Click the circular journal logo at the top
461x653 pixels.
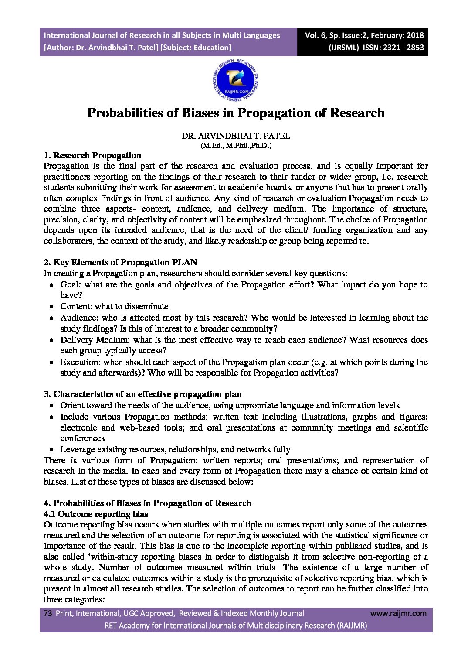(x=236, y=80)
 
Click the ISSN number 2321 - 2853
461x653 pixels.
(x=403, y=48)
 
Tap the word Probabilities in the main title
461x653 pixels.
(x=125, y=113)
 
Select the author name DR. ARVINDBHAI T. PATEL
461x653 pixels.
(x=236, y=136)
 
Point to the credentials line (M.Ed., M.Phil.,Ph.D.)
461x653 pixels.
(x=236, y=146)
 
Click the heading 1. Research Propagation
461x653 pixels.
(x=92, y=156)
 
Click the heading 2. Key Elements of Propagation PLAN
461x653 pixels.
(x=120, y=263)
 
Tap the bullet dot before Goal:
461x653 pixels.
(x=51, y=285)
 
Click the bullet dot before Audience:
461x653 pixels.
(x=51, y=318)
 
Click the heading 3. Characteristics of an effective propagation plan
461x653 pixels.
(x=142, y=394)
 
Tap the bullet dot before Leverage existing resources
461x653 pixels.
(x=51, y=450)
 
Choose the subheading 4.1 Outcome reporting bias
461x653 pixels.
(x=96, y=514)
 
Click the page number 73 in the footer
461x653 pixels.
(x=48, y=614)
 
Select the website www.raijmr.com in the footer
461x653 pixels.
(x=398, y=614)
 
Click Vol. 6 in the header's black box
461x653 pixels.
(x=315, y=35)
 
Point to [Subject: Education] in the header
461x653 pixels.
(x=196, y=48)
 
